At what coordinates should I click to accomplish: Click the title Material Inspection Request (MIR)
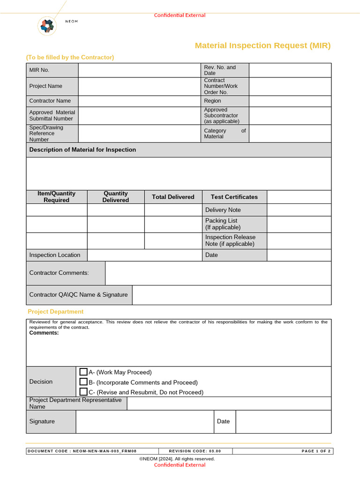[x=262, y=45]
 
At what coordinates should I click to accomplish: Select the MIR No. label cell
[x=52, y=70]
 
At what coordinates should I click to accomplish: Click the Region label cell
[x=225, y=101]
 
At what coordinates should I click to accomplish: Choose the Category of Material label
[x=225, y=134]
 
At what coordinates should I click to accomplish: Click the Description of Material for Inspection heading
[x=82, y=150]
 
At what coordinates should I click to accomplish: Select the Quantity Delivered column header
[x=115, y=197]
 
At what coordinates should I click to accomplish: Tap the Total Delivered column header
[x=173, y=197]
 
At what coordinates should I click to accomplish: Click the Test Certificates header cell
[x=234, y=197]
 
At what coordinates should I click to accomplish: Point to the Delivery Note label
[x=223, y=210]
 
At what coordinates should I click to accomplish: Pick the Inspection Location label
[x=55, y=255]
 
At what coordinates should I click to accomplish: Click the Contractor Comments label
[x=59, y=273]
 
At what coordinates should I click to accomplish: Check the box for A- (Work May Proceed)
[x=83, y=372]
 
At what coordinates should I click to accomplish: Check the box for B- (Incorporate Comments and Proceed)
[x=83, y=382]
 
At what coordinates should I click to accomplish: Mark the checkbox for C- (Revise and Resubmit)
[x=83, y=392]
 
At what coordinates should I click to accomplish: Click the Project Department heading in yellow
[x=55, y=312]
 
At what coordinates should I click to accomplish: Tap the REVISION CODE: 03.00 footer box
[x=195, y=451]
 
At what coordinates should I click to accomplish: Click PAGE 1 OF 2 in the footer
[x=316, y=451]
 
